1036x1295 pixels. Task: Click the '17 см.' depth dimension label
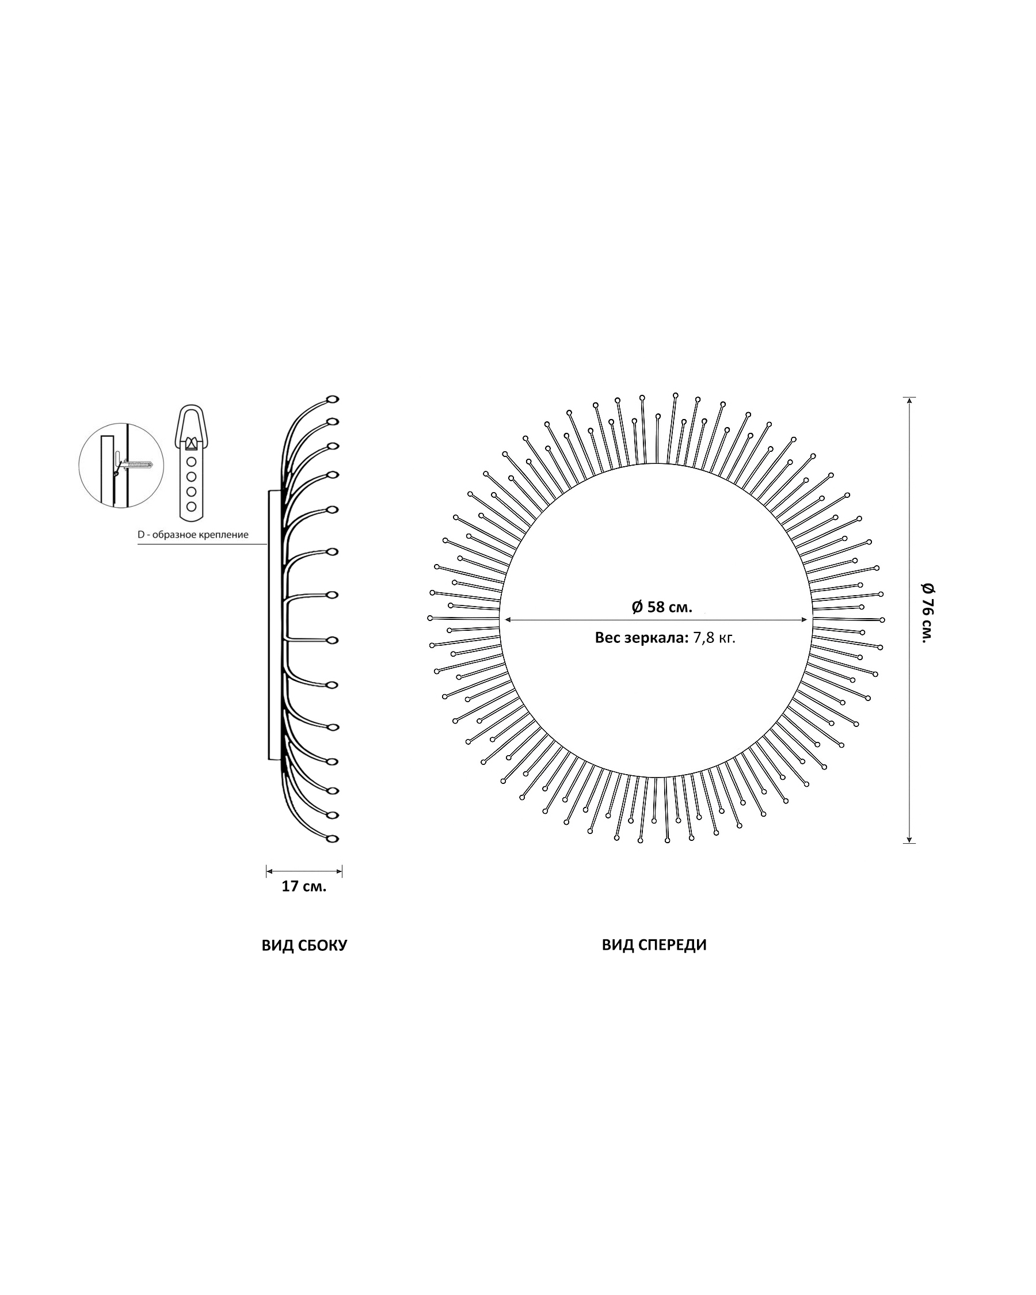click(x=304, y=886)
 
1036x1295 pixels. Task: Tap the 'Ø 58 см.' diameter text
click(x=662, y=607)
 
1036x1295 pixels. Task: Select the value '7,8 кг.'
click(x=714, y=638)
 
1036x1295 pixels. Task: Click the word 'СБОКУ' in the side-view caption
click(x=322, y=946)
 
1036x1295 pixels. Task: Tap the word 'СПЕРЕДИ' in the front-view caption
click(x=673, y=945)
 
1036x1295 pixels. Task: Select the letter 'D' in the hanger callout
click(x=141, y=534)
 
